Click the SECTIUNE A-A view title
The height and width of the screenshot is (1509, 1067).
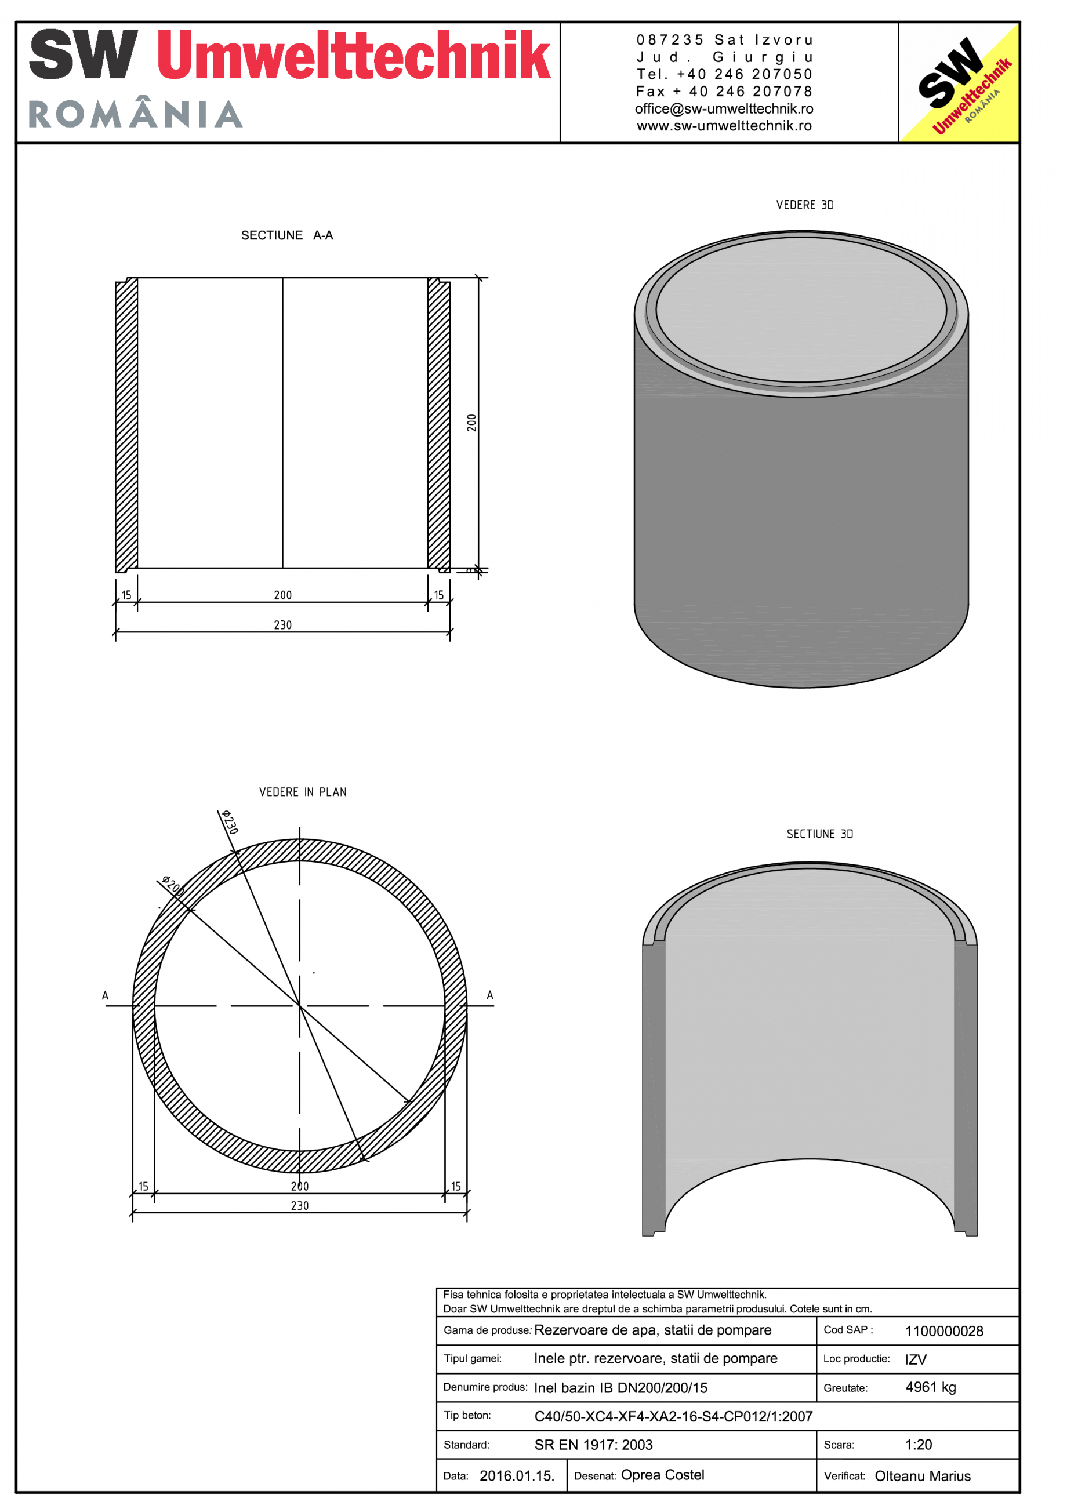[286, 235]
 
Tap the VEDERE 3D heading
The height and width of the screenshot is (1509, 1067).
[804, 205]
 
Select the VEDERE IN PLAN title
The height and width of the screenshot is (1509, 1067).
[303, 792]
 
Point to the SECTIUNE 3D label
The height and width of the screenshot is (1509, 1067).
[819, 834]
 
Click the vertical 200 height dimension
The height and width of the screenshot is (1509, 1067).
[471, 423]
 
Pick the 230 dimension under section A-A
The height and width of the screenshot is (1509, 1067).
[282, 625]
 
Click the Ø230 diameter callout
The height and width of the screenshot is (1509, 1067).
[229, 821]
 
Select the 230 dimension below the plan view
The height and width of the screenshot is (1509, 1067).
[300, 1205]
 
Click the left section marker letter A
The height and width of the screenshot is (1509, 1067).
[105, 996]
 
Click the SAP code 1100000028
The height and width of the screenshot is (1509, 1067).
[943, 1331]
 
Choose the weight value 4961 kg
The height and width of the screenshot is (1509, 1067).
[930, 1387]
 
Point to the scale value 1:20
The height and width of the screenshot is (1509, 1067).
[918, 1445]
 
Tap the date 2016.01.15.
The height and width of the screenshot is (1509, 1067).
[517, 1475]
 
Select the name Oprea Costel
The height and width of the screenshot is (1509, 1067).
[662, 1475]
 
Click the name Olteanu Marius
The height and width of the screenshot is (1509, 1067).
[923, 1476]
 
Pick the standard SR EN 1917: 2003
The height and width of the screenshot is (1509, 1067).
[593, 1445]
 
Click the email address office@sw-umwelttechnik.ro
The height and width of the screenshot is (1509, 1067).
[724, 109]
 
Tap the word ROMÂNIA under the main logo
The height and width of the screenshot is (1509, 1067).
[136, 114]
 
